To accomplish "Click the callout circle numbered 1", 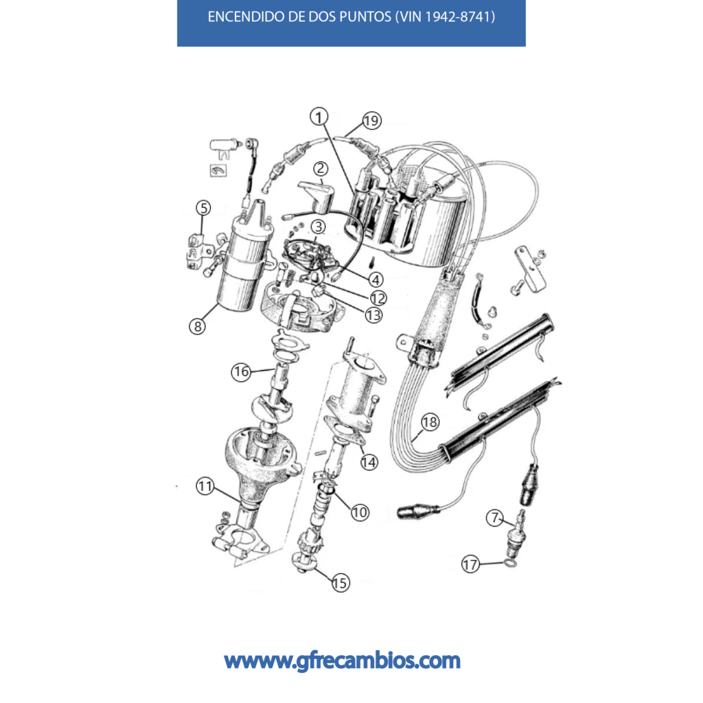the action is click(x=319, y=117).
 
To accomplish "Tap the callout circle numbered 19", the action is click(x=371, y=121).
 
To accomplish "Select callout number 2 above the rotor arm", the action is click(x=320, y=169).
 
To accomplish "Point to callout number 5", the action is click(x=203, y=208).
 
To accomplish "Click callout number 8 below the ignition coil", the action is click(x=197, y=326).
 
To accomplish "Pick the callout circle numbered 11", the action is click(x=205, y=486).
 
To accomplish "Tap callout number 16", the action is click(x=241, y=371).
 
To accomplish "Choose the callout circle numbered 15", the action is click(x=341, y=583).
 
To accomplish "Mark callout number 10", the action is click(x=360, y=512).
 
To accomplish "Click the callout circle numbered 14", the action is click(x=369, y=462).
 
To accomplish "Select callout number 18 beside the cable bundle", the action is click(x=430, y=422).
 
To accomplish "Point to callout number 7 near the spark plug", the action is click(x=494, y=518).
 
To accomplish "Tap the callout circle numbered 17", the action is click(x=470, y=564).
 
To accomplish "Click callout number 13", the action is click(x=373, y=315).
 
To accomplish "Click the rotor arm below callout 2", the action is click(x=316, y=197).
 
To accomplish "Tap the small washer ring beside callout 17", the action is click(x=510, y=562).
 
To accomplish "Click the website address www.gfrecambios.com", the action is click(x=342, y=661).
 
